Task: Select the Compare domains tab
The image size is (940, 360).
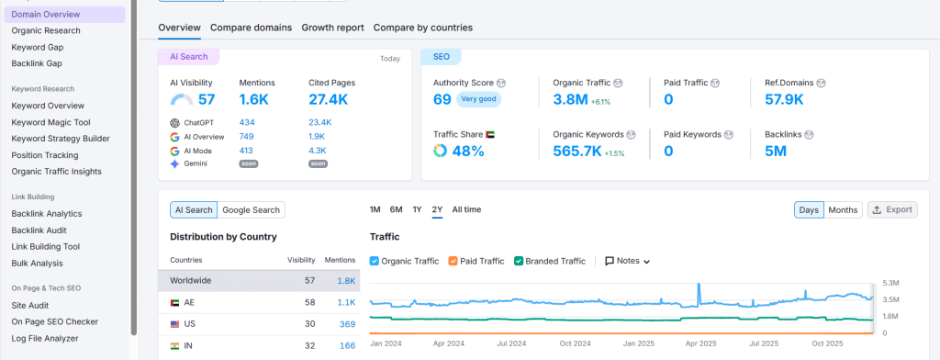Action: (251, 28)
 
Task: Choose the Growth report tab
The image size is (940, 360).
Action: (332, 28)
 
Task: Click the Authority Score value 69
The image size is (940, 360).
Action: (442, 99)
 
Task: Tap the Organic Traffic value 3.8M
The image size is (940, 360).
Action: (569, 99)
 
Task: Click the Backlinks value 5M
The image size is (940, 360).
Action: (776, 151)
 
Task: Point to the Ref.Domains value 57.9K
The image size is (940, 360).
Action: (784, 99)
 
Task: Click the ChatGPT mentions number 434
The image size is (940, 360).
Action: (247, 122)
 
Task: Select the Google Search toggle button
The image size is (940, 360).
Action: (252, 210)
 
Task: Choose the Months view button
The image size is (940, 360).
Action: (843, 210)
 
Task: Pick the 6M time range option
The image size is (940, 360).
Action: (396, 209)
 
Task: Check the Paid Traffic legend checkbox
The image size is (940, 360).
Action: (453, 261)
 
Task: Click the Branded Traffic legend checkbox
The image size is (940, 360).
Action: (520, 261)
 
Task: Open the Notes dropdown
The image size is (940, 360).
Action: (628, 261)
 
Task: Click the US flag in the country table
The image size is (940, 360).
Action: (175, 324)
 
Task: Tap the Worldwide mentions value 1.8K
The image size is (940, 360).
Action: (346, 280)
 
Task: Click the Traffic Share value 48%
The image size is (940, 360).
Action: (467, 151)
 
